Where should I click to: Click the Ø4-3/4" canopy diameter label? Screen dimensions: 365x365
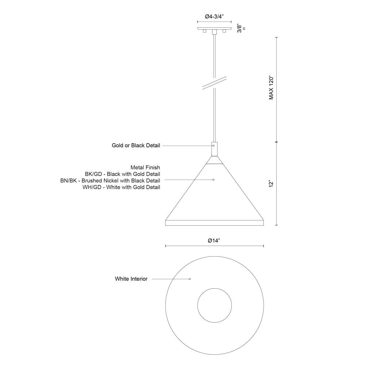click(214, 16)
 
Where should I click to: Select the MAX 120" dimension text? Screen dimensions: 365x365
click(272, 88)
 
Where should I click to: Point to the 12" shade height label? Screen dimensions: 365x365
click(271, 184)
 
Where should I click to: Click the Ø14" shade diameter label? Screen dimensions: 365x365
click(214, 241)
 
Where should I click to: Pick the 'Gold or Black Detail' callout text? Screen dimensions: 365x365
click(136, 146)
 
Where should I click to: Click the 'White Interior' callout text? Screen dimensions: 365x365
click(131, 279)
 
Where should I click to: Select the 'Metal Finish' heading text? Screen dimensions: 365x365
click(145, 168)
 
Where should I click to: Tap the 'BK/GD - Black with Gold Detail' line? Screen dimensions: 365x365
click(122, 174)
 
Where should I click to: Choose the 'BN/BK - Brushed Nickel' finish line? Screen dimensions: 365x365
click(110, 180)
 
